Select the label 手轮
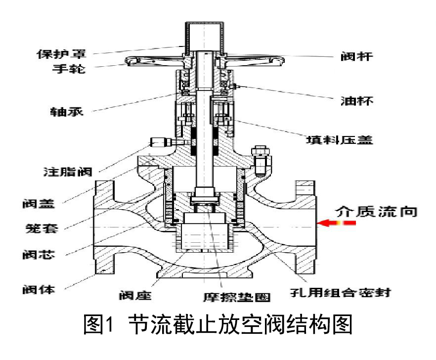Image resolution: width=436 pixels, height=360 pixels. pos(69,69)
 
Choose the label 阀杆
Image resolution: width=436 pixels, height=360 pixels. pos(359,56)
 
